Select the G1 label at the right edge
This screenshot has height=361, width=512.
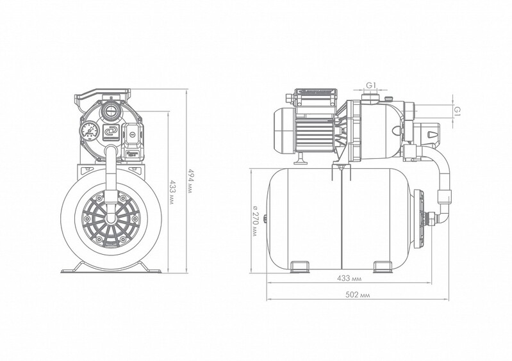(x=458, y=110)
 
